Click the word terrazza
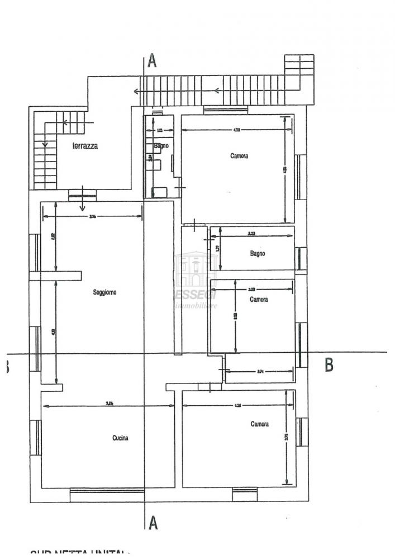(85, 146)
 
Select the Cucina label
(120, 438)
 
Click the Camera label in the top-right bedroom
(239, 156)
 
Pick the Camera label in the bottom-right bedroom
(259, 424)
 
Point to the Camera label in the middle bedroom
(258, 300)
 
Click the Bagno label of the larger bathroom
(257, 253)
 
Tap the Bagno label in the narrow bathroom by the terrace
(161, 146)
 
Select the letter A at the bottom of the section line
(153, 523)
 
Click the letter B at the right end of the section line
(329, 364)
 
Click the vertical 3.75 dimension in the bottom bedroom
(286, 438)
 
